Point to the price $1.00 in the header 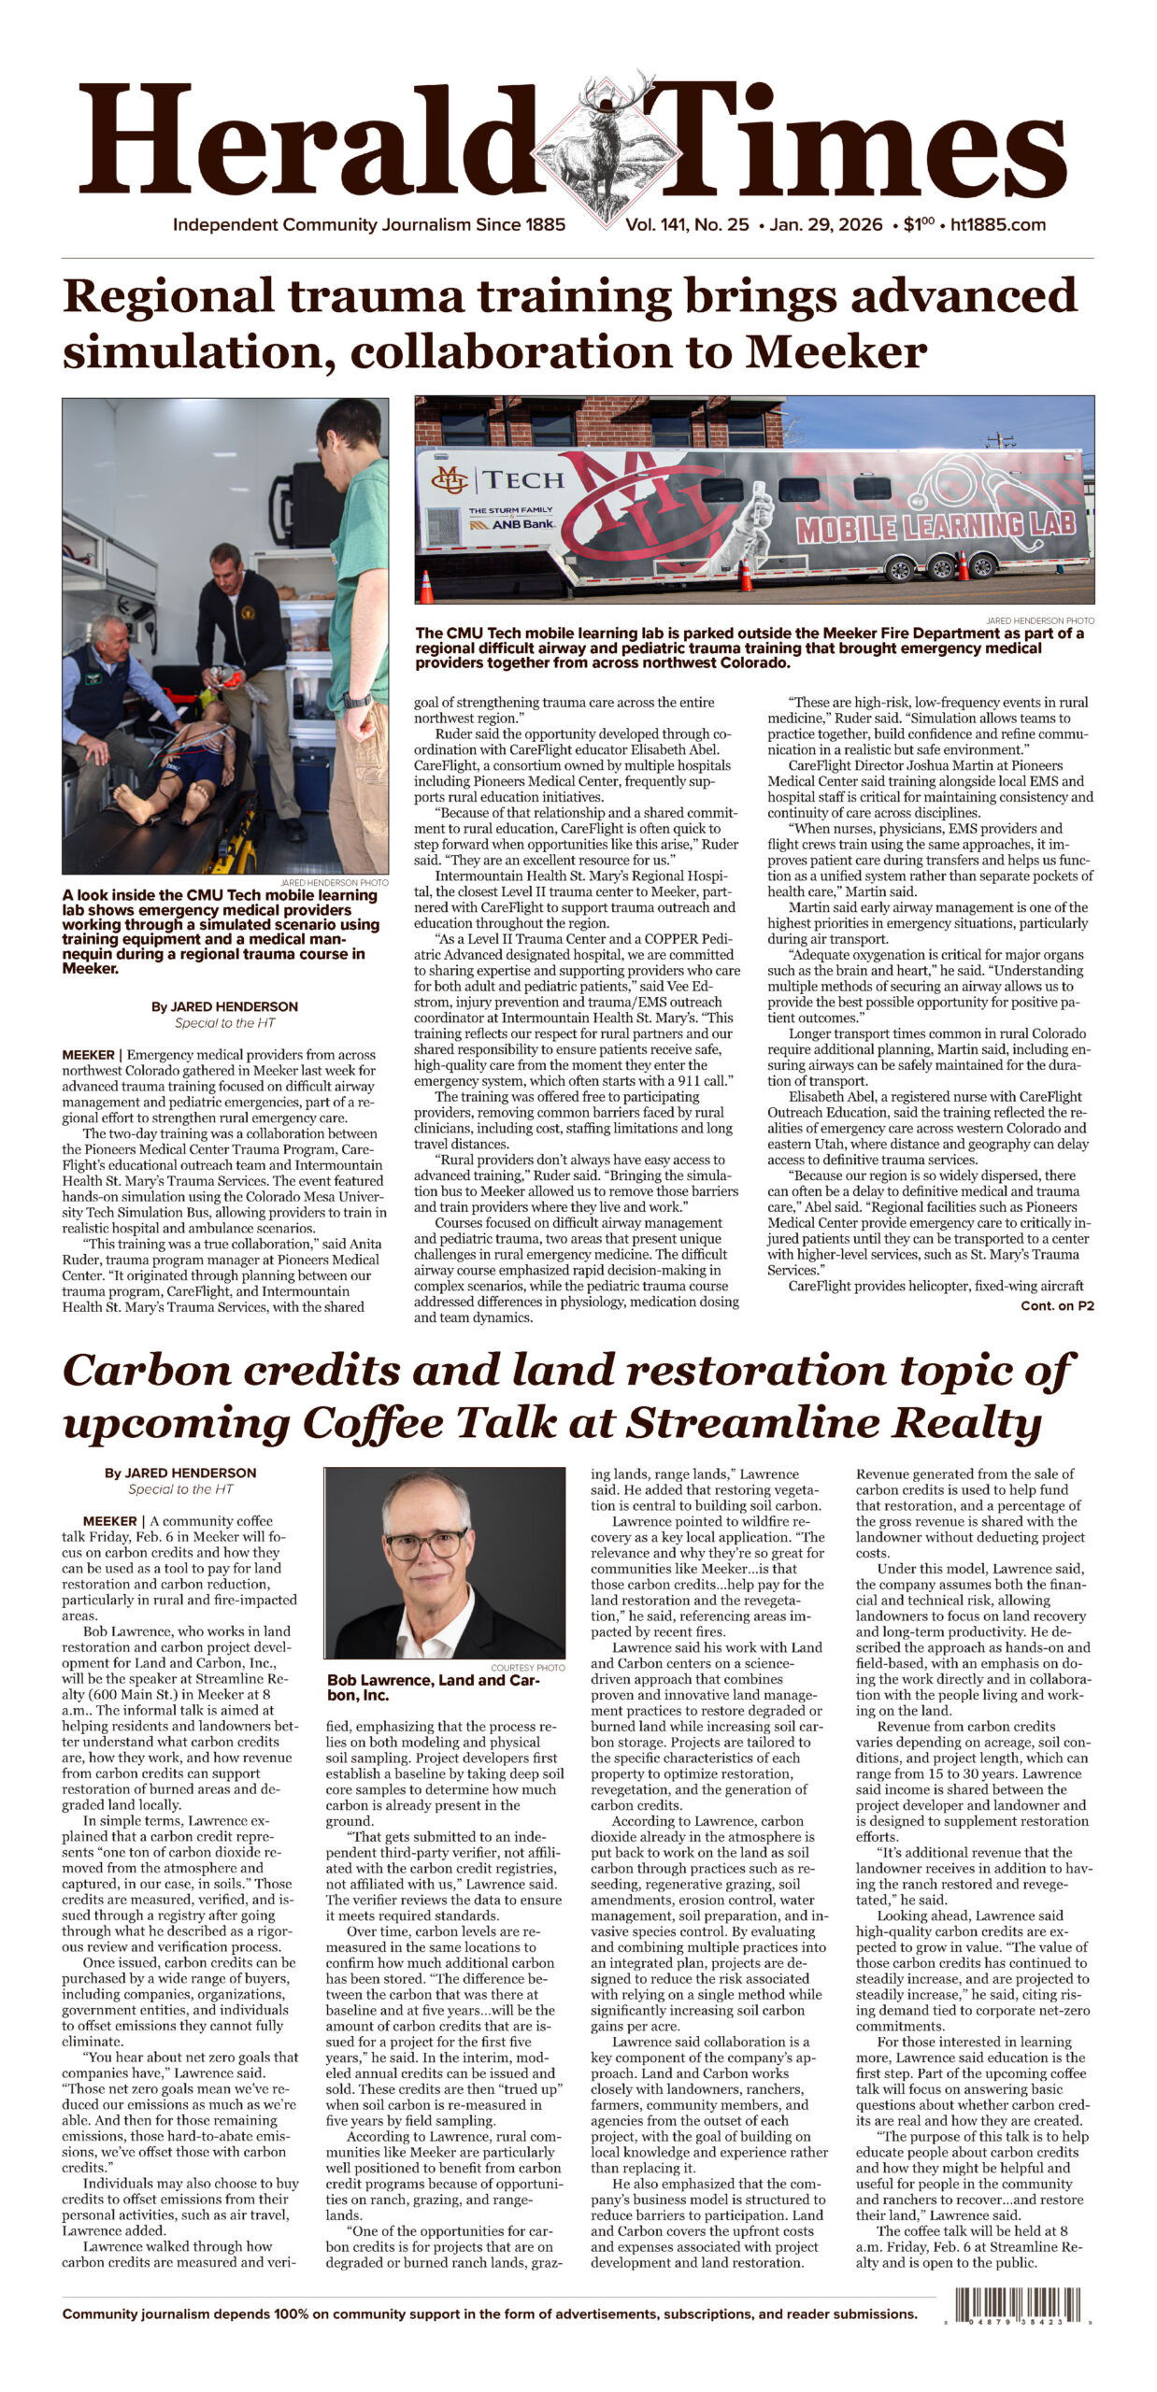919,225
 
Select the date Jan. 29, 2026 826,225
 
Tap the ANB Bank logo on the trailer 511,523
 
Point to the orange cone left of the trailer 426,586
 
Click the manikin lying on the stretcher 187,766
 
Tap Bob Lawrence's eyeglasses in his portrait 427,1545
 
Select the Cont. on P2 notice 1056,1305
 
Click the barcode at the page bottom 1017,2306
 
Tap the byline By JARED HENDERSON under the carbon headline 180,1473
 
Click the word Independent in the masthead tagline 225,225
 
